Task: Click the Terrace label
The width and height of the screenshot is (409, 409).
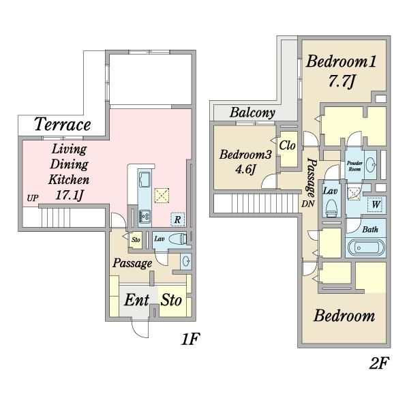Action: click(x=63, y=125)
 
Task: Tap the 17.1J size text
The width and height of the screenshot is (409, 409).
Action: click(x=69, y=195)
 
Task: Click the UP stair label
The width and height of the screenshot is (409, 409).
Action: click(x=33, y=198)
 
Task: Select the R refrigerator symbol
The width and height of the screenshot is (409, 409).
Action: click(x=178, y=219)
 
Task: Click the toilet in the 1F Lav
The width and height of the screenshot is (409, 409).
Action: click(x=178, y=239)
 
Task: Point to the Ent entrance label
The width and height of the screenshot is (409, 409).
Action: click(x=137, y=300)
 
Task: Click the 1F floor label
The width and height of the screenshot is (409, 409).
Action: click(x=190, y=339)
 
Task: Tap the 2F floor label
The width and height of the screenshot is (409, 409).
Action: click(x=379, y=363)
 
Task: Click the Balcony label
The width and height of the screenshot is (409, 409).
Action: click(x=252, y=112)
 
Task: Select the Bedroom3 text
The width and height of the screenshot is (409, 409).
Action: click(x=245, y=155)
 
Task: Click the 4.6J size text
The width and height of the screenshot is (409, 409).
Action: click(x=245, y=170)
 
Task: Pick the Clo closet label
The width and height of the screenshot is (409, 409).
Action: click(x=287, y=145)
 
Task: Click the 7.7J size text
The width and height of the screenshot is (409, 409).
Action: click(x=341, y=81)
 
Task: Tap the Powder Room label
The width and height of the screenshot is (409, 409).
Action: click(x=354, y=166)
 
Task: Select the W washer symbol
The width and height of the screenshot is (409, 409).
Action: click(x=376, y=204)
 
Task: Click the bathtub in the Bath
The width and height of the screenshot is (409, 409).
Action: click(x=366, y=247)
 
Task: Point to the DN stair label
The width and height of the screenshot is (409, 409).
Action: click(x=308, y=204)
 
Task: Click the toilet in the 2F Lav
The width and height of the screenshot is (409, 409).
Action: click(x=331, y=207)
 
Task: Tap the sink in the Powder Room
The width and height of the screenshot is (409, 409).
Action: click(x=370, y=164)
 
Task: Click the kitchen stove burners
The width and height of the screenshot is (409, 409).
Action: click(x=145, y=216)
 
